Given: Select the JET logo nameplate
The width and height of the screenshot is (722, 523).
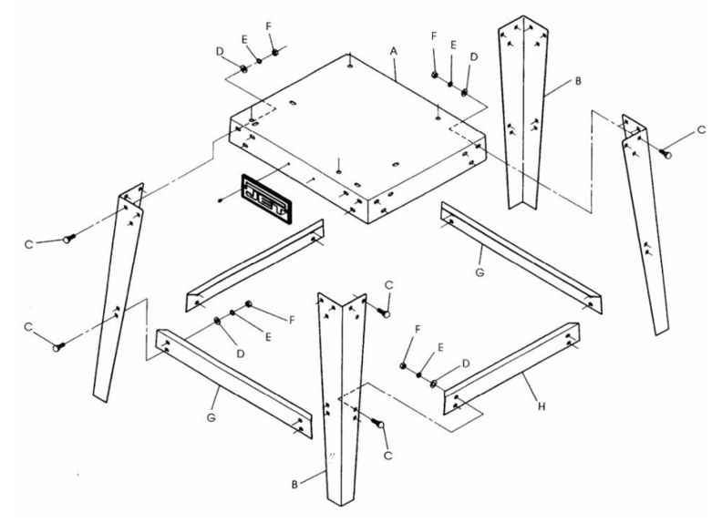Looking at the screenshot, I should tap(267, 197).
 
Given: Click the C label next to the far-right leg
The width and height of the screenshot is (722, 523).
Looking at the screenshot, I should tap(700, 130).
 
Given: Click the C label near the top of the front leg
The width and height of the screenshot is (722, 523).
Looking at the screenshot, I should tap(390, 285).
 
